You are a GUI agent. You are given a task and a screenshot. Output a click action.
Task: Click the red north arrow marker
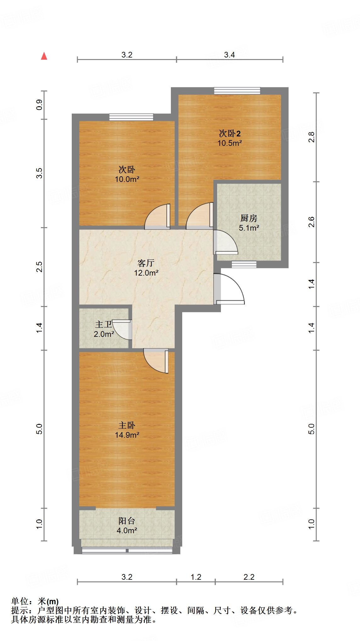44,56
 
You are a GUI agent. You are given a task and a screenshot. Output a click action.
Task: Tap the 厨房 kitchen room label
249,218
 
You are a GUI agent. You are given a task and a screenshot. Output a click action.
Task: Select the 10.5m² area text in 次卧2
230,143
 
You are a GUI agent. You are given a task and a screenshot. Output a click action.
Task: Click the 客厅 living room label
146,263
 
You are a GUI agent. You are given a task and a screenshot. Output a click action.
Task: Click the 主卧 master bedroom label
127,425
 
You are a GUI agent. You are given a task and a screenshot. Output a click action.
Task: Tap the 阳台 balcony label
127,521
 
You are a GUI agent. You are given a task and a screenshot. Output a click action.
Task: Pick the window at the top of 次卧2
237,91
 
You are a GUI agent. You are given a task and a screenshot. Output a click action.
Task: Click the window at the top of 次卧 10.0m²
131,117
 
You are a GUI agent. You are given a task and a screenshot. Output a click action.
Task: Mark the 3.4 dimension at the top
229,55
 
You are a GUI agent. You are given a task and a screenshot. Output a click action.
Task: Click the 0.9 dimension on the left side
39,105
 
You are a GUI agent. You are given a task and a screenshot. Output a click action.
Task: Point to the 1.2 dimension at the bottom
196,577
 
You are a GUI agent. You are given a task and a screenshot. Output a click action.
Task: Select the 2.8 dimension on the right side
312,137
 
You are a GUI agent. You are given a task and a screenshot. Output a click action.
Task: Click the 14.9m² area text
127,435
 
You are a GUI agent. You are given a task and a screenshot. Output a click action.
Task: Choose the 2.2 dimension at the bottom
249,577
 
